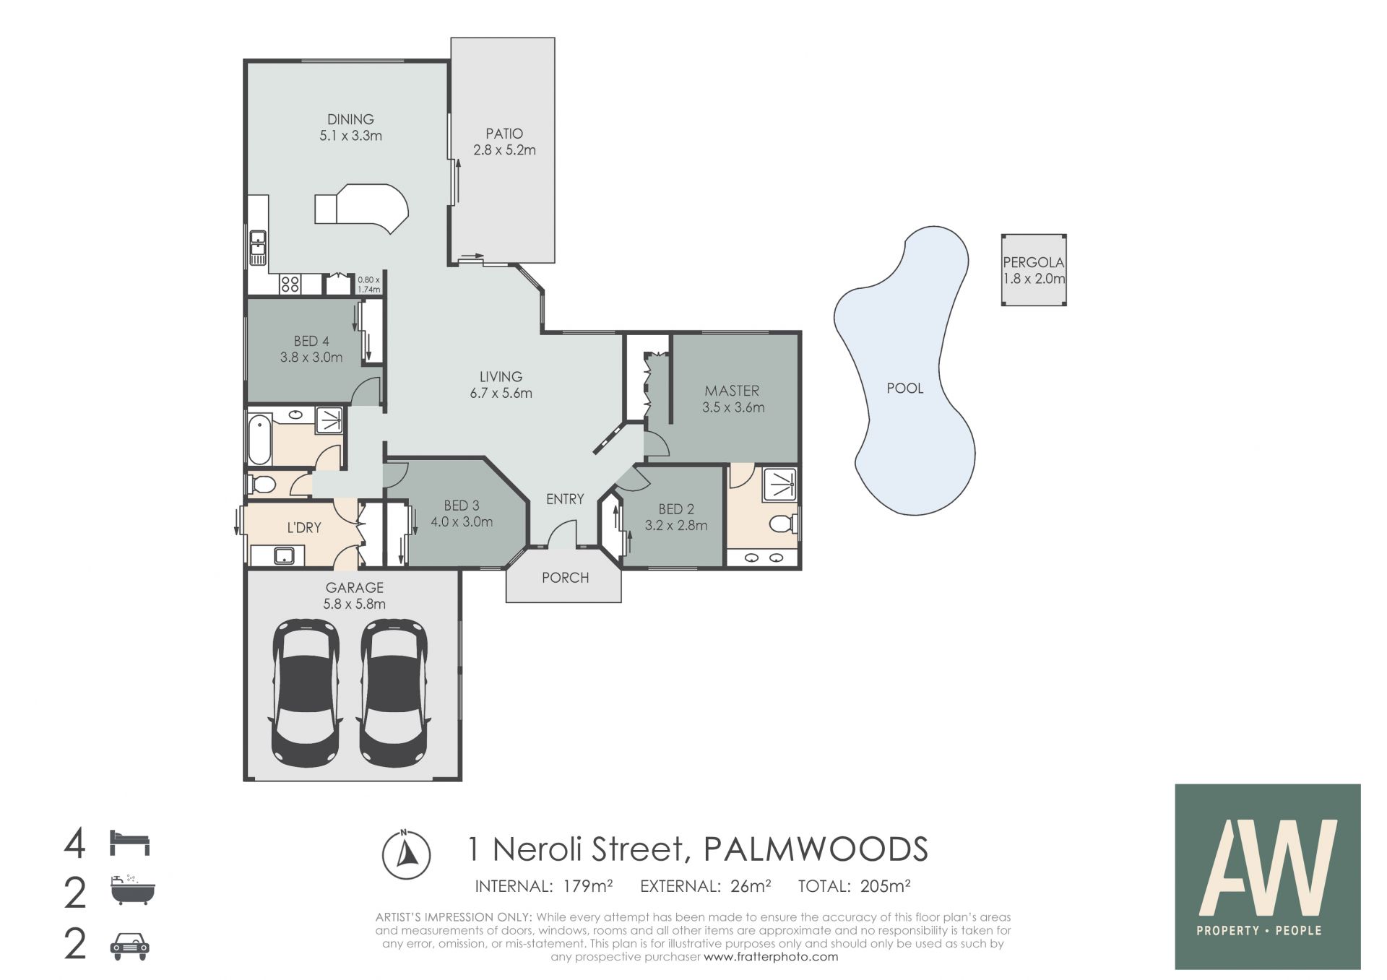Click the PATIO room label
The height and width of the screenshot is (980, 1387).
pos(504,134)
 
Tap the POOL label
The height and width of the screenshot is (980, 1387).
pos(905,389)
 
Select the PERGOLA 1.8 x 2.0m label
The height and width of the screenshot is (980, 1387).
pos(1034,271)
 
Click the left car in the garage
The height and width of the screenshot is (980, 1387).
pos(306,693)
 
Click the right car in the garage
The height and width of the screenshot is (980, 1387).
pos(394,693)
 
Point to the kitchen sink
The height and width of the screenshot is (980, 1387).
pos(258,248)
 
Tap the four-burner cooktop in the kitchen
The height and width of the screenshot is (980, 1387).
pos(290,284)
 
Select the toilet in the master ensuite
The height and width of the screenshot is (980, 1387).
pos(783,523)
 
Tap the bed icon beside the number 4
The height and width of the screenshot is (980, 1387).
pos(130,843)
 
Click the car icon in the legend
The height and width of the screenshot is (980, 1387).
pos(130,945)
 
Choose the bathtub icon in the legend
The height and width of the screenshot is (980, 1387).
pos(132,891)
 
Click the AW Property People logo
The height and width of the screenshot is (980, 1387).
pos(1268,877)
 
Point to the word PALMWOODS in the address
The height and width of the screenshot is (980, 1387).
pos(816,849)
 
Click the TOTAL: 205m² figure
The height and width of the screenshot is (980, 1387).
pos(854,886)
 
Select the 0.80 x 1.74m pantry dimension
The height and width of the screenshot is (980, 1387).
pos(368,285)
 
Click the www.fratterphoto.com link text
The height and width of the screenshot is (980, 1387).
pos(771,957)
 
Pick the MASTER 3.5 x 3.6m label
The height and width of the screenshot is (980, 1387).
pos(733,399)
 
